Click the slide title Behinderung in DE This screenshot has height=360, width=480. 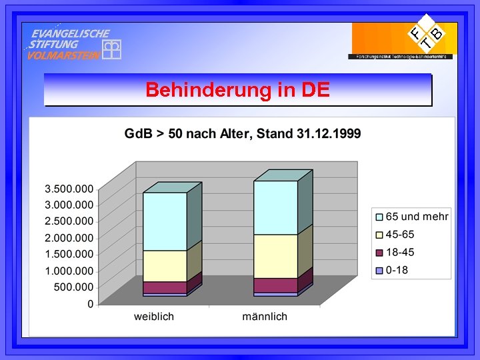pos(237,89)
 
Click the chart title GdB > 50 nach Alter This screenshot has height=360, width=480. pos(243,134)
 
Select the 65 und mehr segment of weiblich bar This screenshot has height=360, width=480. pos(165,221)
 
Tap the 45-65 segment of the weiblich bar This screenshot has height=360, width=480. pos(165,266)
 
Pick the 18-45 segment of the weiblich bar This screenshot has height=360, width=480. pos(165,287)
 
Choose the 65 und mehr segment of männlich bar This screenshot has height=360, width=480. pos(275,207)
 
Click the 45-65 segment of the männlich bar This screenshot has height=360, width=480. pos(275,256)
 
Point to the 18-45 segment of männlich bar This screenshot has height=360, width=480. pos(275,285)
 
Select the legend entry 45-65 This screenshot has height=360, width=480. pos(400,234)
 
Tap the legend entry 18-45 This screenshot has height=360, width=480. pos(400,252)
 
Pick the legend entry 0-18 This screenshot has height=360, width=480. pos(396,270)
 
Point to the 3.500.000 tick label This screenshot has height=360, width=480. pos(69,189)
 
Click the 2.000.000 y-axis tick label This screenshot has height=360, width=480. pos(69,238)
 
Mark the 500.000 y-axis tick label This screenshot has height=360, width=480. pos(75,287)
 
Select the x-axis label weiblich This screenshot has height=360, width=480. pos(154,316)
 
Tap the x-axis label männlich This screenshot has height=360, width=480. pos(265,316)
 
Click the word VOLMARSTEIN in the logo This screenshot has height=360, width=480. pos(64,55)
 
